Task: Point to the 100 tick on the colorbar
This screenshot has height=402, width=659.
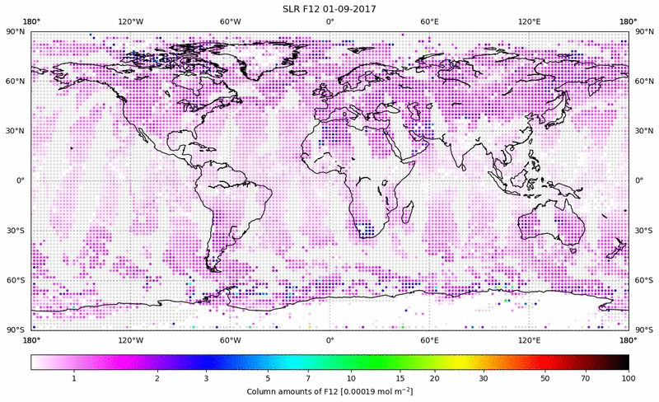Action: [629, 377]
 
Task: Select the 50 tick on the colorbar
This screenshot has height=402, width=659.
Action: [545, 377]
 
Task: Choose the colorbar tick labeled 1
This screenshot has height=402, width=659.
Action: [74, 377]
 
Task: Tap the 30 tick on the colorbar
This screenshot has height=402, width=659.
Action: [484, 377]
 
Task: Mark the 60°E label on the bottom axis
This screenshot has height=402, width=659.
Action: [429, 339]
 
